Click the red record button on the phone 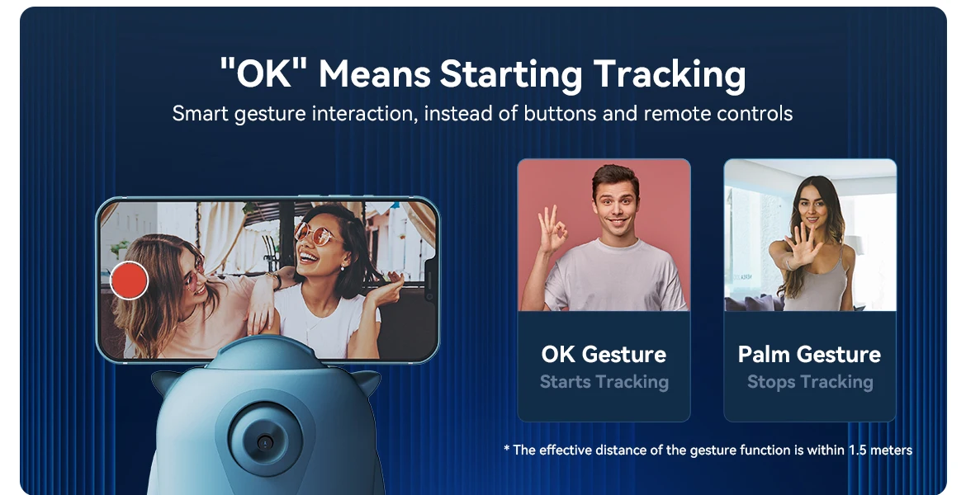click(130, 280)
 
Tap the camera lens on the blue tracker click(266, 441)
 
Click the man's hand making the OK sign click(552, 230)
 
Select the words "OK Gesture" click(604, 354)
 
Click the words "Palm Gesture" click(809, 354)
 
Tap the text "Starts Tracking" click(604, 382)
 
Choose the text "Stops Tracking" click(810, 382)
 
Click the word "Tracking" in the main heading click(670, 74)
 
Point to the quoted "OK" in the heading click(263, 73)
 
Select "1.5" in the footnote click(857, 450)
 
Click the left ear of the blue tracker click(163, 382)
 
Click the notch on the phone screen click(431, 280)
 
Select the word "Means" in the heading click(375, 74)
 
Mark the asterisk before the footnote click(506, 448)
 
